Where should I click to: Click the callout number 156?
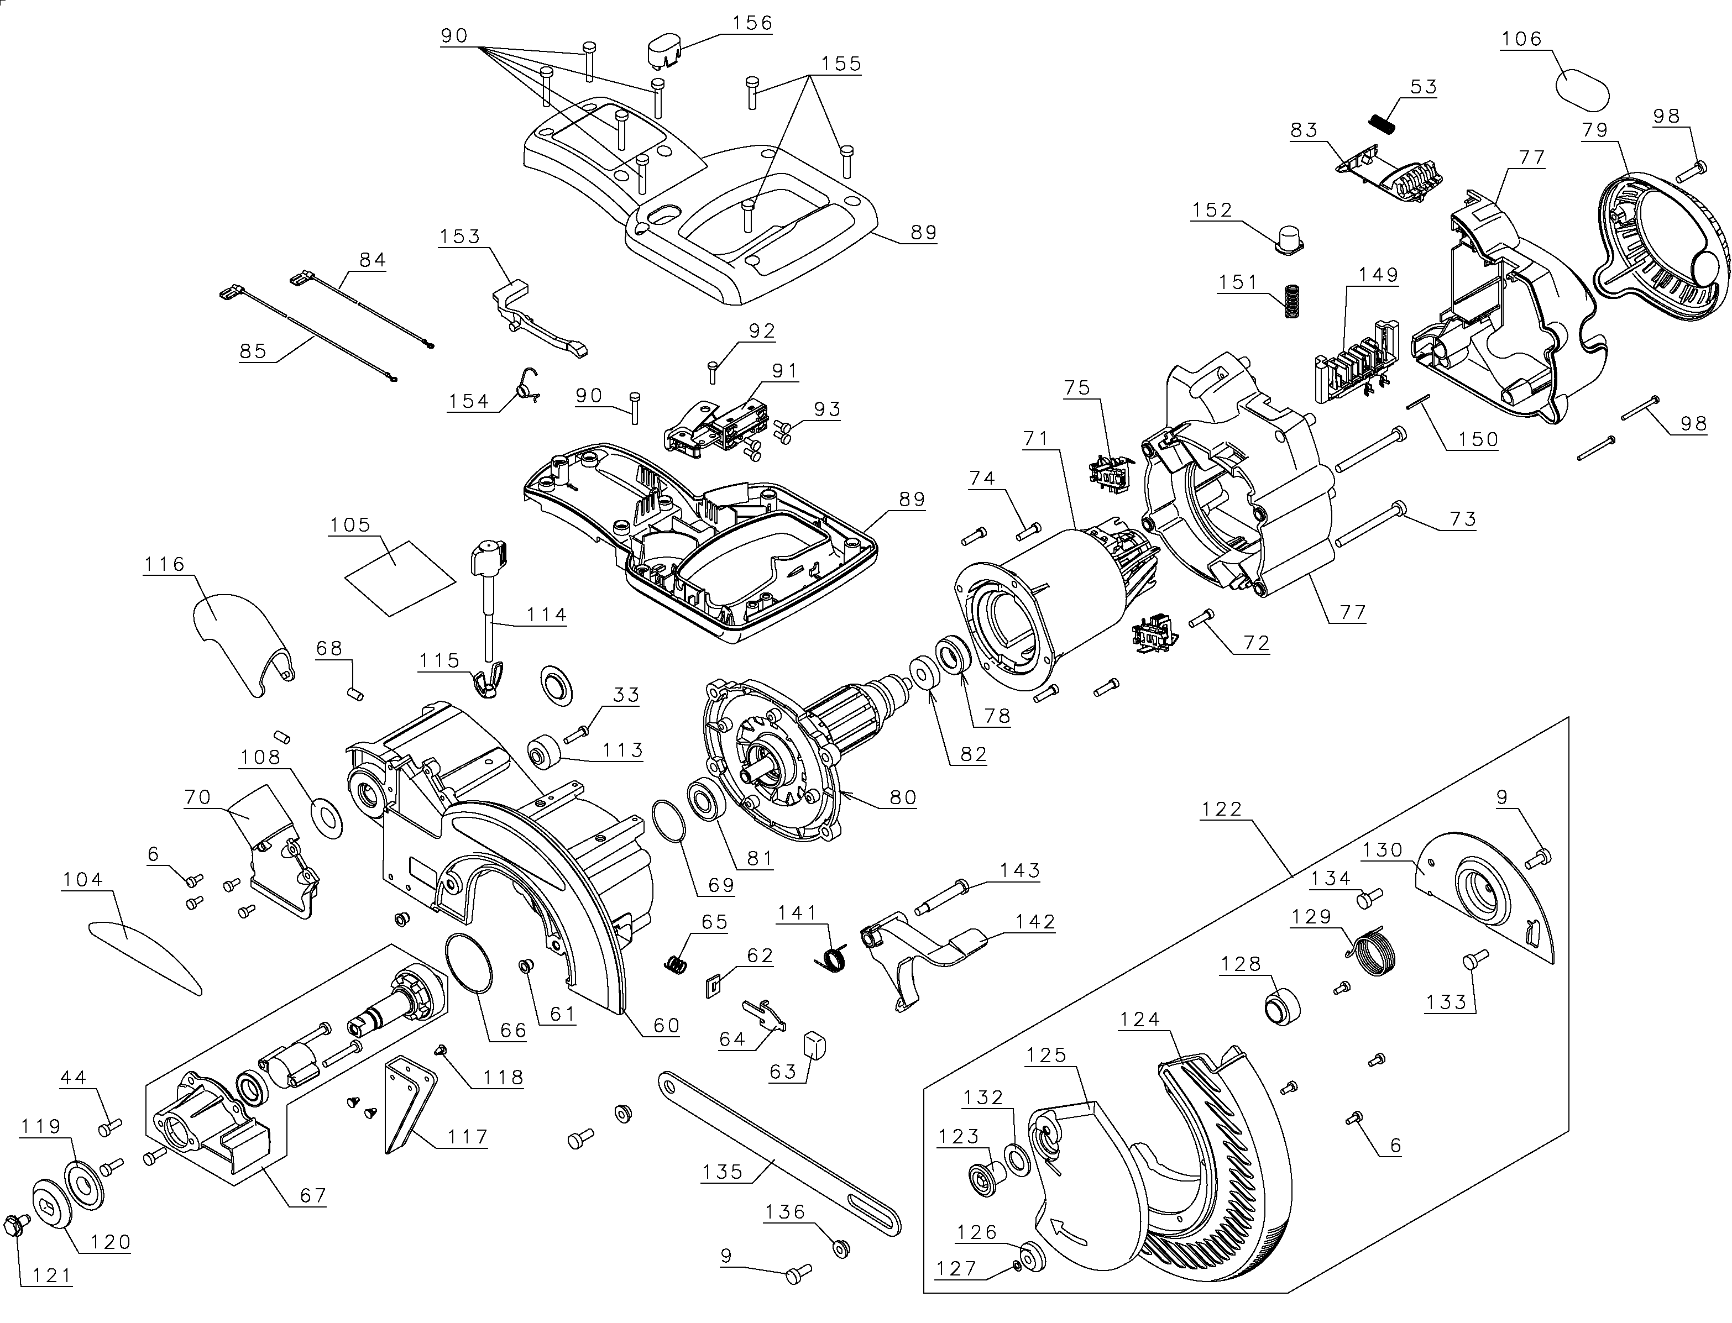coord(752,23)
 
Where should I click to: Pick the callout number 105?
coord(350,525)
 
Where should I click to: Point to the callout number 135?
coord(723,1171)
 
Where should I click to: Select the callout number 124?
coord(1140,1020)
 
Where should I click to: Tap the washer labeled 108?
coord(328,817)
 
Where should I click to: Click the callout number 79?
coord(1595,130)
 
